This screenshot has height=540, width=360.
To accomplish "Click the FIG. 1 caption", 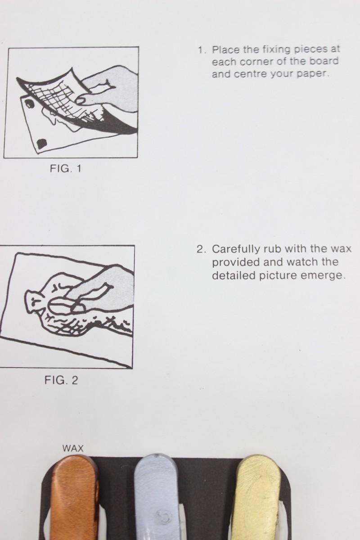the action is coord(66,168).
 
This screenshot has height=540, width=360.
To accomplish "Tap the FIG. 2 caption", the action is coord(61,380).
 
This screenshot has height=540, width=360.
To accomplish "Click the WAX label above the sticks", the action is coord(73,448).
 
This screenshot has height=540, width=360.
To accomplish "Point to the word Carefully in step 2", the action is coord(236,249).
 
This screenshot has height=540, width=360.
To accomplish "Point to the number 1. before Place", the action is coord(202,50).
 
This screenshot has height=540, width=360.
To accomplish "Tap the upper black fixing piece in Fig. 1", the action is coord(30,104).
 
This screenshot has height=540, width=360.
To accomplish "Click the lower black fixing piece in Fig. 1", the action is coord(42,143).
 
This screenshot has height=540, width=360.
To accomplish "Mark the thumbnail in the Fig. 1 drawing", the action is coord(82,99).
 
